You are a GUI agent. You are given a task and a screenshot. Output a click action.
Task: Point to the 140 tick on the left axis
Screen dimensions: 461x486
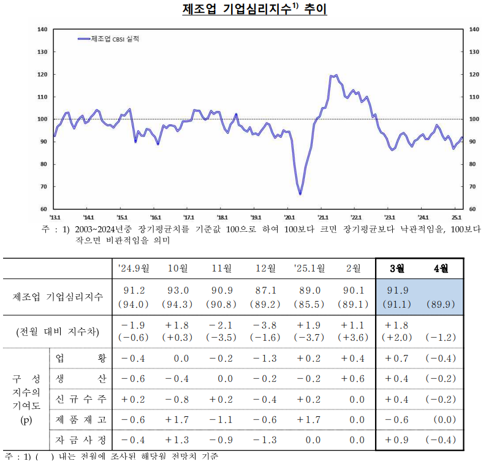pyautogui.click(x=43, y=29)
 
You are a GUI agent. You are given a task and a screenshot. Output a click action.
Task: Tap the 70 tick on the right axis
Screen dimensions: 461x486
pyautogui.click(x=473, y=186)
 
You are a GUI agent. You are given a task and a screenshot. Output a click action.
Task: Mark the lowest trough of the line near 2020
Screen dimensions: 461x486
pyautogui.click(x=300, y=194)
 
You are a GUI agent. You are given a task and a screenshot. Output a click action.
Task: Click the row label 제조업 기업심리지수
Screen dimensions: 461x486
pyautogui.click(x=58, y=297)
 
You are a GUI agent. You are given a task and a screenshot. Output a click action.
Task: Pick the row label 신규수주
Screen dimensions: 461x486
pyautogui.click(x=80, y=399)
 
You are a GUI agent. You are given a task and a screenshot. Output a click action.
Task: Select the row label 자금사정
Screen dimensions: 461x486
pyautogui.click(x=80, y=440)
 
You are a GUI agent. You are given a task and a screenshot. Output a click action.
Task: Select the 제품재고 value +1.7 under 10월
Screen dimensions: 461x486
pyautogui.click(x=178, y=419)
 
